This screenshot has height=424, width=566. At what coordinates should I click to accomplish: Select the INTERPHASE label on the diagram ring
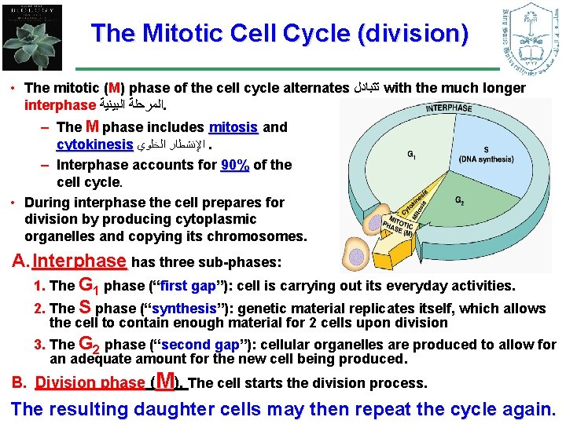coord(449,108)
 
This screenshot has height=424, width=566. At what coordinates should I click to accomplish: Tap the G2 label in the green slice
coord(460,200)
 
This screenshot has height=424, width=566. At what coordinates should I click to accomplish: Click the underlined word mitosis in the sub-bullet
coord(233,127)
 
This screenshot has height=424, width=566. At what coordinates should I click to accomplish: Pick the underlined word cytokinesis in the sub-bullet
coord(94,145)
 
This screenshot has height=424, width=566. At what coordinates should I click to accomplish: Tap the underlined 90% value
coord(235,165)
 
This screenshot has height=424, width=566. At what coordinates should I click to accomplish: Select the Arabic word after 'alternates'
coord(366,89)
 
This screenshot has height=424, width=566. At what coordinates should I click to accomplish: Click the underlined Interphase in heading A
coord(80,261)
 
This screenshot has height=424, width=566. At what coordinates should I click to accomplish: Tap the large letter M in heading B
coord(165,382)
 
